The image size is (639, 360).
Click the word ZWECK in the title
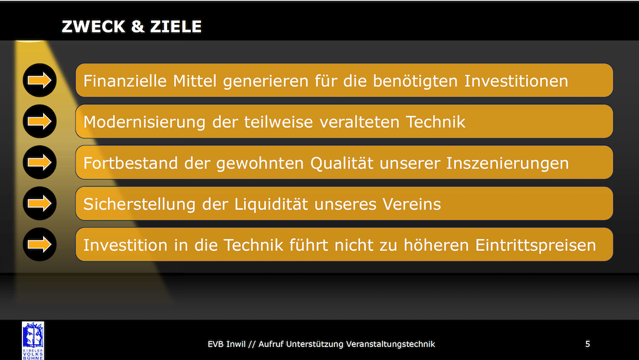pos(94,26)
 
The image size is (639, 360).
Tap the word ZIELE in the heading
pos(176,26)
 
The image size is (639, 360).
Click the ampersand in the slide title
pos(138,26)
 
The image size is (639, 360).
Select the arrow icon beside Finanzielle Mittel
pos(39,80)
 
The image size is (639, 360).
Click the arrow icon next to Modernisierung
pos(39,122)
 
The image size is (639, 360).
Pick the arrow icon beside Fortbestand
pos(39,162)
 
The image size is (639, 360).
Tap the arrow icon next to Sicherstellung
pos(39,203)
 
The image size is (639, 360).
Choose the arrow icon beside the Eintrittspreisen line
pos(39,245)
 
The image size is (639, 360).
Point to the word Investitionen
pos(516,80)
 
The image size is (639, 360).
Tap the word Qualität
pos(342,163)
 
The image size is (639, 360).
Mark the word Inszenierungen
pos(507,163)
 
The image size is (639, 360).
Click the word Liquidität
pos(271,203)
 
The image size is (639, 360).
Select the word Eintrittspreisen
pos(535,245)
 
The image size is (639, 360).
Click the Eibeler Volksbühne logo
pos(33,341)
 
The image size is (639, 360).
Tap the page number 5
pos(588,344)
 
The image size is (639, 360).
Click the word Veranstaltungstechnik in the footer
pos(391,344)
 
